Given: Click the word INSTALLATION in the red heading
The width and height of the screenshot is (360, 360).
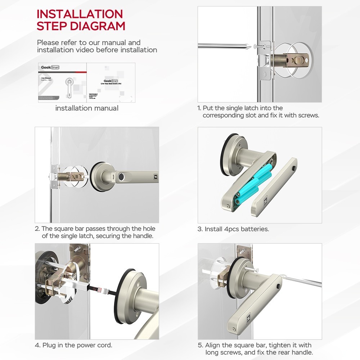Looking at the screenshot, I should [80, 14].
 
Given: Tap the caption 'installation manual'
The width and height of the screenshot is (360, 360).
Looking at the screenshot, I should [86, 108].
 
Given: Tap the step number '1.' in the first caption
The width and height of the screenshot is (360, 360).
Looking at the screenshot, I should [199, 108].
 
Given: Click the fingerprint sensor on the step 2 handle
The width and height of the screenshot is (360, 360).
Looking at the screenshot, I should [122, 177].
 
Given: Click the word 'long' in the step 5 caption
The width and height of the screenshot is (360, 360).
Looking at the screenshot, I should [212, 353].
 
